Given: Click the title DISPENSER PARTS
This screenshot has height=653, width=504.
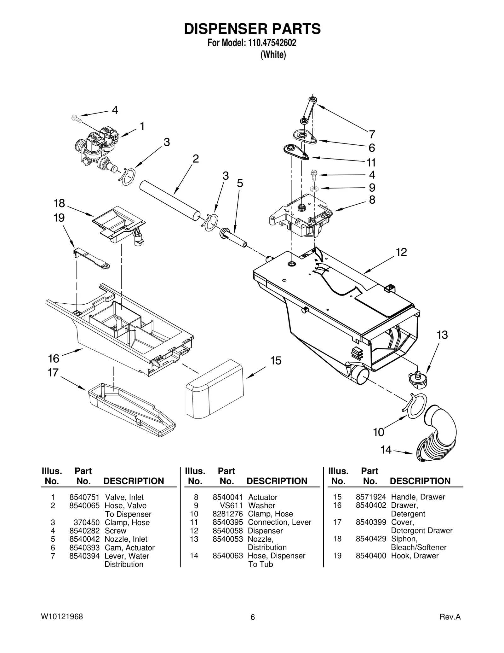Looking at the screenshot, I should coord(252,29).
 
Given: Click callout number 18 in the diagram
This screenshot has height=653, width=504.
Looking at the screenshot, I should coord(59,203).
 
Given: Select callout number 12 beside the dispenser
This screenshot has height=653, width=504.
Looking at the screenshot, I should coord(401,252).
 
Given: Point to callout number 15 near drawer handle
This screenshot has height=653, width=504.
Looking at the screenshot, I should coord(276,361).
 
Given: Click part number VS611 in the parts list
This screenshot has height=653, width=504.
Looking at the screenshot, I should coord(232,506).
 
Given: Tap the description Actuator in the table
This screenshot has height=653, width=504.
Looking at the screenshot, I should coord(263,497).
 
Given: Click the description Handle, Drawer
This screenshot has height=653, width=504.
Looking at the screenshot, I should coord(418,497).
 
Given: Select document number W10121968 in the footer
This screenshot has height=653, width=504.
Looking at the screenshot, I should coord(62,617).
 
